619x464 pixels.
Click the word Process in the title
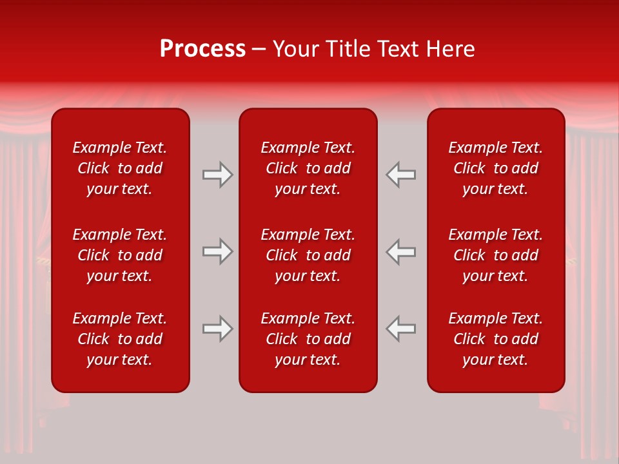point(202,48)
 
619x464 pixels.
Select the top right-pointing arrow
point(217,175)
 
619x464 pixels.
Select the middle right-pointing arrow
point(217,251)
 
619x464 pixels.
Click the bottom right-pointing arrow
point(217,329)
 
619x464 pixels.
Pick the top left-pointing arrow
point(400,175)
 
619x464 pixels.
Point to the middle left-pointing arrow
point(400,251)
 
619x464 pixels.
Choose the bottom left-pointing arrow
point(400,329)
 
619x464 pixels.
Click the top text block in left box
point(120,168)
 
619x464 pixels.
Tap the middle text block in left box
point(120,255)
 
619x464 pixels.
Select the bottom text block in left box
point(120,339)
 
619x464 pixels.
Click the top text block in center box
point(308,168)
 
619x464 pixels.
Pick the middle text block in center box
point(308,255)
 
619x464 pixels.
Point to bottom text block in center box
point(308,339)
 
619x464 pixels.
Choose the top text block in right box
point(495,168)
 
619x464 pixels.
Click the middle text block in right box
point(495,255)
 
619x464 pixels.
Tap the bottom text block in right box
point(495,339)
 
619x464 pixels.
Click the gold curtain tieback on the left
point(43,261)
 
